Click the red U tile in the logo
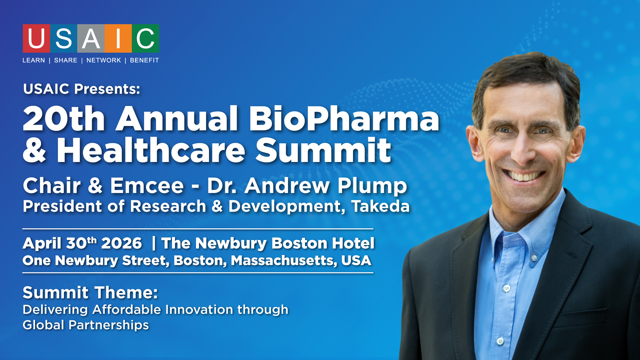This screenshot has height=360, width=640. click(x=36, y=38)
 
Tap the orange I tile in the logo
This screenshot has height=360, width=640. click(x=118, y=38)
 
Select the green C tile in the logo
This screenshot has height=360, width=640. click(x=145, y=38)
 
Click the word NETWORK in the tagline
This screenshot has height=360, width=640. click(x=104, y=60)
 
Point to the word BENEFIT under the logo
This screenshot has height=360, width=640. click(x=144, y=60)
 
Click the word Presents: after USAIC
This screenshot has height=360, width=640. click(x=107, y=89)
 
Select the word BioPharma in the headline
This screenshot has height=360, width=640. click(x=344, y=119)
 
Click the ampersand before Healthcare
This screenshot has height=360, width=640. click(x=34, y=150)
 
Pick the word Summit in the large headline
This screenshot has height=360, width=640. click(x=323, y=150)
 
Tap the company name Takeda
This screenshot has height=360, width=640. click(x=380, y=206)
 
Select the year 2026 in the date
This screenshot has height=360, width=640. click(x=122, y=243)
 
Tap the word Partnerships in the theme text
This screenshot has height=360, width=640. click(x=109, y=325)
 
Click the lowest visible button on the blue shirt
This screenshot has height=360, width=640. click(x=500, y=341)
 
